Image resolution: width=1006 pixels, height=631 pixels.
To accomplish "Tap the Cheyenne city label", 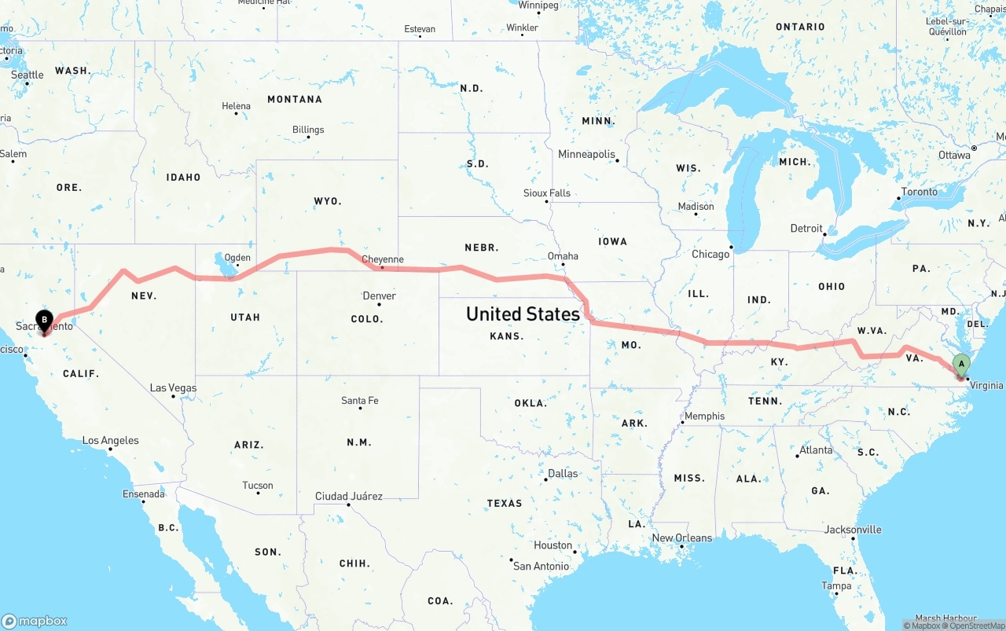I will click(383, 259).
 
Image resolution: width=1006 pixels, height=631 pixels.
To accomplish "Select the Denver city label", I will click(380, 296).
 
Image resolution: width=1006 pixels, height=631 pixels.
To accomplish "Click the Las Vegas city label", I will click(174, 388).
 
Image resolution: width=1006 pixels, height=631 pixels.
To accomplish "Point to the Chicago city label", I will click(710, 255).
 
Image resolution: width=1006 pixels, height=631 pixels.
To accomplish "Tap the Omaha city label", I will click(563, 256).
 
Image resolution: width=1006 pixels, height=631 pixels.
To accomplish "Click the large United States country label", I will click(523, 314).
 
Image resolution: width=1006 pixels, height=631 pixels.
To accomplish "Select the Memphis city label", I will click(704, 416).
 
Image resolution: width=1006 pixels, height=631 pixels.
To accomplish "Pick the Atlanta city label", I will click(816, 450).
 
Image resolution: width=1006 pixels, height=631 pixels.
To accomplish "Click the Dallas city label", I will click(563, 474).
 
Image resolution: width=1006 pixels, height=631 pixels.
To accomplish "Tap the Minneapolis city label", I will click(586, 154).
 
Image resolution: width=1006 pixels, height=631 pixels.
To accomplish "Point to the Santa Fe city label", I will click(360, 401).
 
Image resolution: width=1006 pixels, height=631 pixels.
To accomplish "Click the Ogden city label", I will click(237, 258).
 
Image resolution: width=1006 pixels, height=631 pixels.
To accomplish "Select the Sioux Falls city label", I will click(547, 193).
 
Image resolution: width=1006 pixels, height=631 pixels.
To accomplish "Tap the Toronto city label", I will click(919, 192).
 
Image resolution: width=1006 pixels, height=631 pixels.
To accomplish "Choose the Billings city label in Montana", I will click(308, 130).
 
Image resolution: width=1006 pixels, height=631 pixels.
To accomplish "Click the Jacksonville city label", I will click(853, 530).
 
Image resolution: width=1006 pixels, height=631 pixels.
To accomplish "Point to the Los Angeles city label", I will click(111, 441).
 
